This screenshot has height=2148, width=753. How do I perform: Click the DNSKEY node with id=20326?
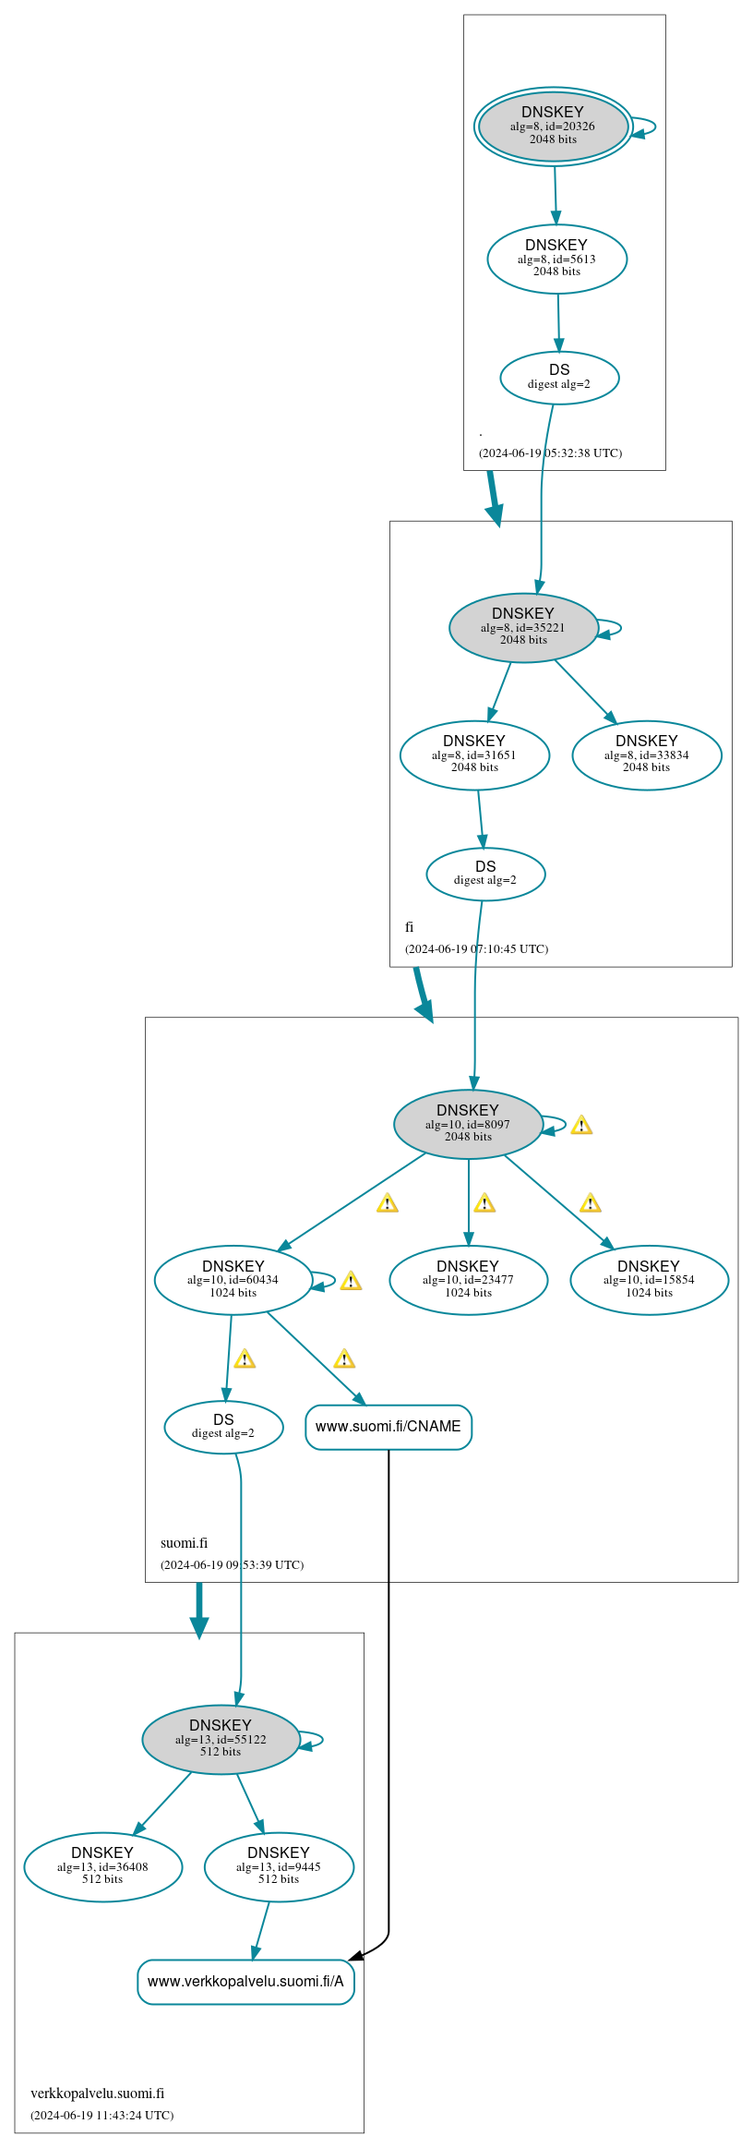pyautogui.click(x=553, y=127)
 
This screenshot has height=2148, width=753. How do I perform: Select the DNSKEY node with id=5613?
pyautogui.click(x=556, y=259)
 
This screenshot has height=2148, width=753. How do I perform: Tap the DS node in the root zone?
pyautogui.click(x=559, y=378)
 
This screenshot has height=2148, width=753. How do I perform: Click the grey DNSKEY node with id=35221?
pyautogui.click(x=523, y=628)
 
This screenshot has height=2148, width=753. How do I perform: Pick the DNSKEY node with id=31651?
pyautogui.click(x=474, y=755)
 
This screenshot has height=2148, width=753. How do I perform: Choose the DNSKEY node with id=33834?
pyautogui.click(x=647, y=755)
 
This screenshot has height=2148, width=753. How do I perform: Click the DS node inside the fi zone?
pyautogui.click(x=485, y=874)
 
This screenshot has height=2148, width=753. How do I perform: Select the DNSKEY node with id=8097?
pyautogui.click(x=468, y=1125)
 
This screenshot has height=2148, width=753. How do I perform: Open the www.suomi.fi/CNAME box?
pyautogui.click(x=388, y=1427)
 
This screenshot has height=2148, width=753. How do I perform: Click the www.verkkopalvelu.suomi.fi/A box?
pyautogui.click(x=245, y=1982)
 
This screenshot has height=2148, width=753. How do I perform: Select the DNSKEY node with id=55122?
pyautogui.click(x=221, y=1740)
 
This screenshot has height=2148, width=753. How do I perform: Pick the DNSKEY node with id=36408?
pyautogui.click(x=102, y=1867)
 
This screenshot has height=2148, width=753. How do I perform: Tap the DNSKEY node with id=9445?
pyautogui.click(x=279, y=1867)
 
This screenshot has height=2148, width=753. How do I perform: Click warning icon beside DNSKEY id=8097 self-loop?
pyautogui.click(x=581, y=1126)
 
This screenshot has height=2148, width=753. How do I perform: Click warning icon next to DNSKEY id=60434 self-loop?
pyautogui.click(x=351, y=1282)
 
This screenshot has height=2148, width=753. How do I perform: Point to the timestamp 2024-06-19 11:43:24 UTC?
pyautogui.click(x=102, y=2115)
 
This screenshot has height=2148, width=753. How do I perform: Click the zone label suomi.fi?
pyautogui.click(x=184, y=1543)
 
